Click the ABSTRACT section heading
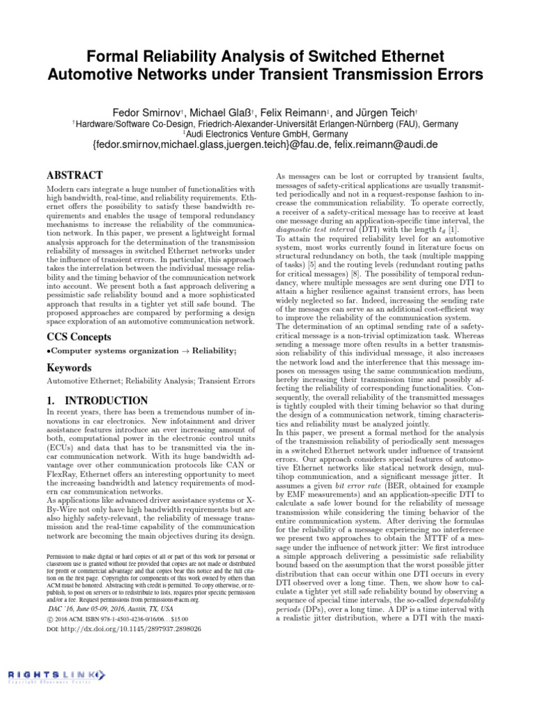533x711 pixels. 74,176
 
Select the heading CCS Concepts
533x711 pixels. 78,337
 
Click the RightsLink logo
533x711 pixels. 58,676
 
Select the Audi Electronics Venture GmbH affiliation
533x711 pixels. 267,134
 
